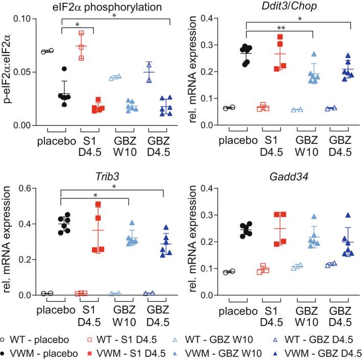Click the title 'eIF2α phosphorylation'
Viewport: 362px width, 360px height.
(102, 7)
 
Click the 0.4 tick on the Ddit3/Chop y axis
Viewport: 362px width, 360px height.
(209, 19)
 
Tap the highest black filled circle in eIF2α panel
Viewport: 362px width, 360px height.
(64, 68)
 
